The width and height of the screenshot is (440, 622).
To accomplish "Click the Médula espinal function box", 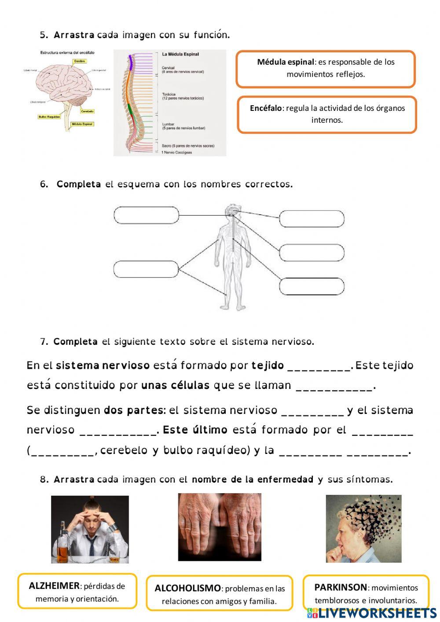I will (x=326, y=69).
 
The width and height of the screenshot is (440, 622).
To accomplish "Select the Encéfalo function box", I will (x=327, y=114).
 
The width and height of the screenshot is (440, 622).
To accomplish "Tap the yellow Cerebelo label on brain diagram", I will (x=87, y=111).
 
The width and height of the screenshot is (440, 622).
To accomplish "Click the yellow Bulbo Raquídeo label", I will (x=49, y=117).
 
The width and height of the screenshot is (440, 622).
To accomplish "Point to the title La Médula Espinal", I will (x=180, y=54).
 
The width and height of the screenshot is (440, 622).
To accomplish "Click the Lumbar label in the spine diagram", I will (x=169, y=124).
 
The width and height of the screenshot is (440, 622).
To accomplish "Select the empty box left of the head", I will (x=147, y=215).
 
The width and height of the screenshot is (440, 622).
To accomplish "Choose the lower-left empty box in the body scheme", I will (x=146, y=269).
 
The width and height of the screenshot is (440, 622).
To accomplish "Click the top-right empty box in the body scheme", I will (x=312, y=219).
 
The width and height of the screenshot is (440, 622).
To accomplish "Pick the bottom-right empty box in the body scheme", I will (x=312, y=286).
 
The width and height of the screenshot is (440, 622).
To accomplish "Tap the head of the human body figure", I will (x=231, y=212).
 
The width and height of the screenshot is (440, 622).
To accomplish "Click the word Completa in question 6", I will (x=79, y=184).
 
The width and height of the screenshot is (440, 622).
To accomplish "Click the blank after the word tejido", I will (x=319, y=366).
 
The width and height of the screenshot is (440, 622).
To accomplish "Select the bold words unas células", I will (x=175, y=385).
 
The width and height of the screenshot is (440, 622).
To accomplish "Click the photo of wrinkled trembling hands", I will (x=220, y=527).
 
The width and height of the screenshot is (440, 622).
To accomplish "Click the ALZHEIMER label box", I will (x=77, y=592).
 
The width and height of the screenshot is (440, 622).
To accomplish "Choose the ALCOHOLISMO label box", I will (x=219, y=594).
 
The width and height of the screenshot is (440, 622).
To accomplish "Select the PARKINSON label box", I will (x=366, y=593).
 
